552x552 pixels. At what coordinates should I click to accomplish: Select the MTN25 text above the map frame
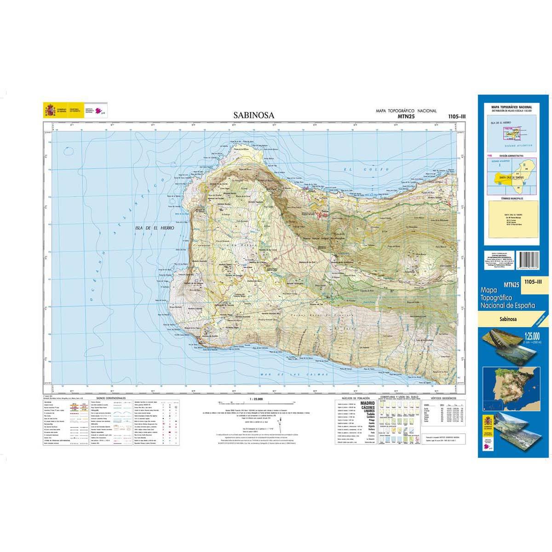[406, 117]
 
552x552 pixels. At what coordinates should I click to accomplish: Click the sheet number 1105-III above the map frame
[456, 117]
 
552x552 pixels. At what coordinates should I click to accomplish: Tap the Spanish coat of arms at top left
[49, 110]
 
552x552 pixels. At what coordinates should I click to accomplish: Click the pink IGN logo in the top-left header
[102, 111]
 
